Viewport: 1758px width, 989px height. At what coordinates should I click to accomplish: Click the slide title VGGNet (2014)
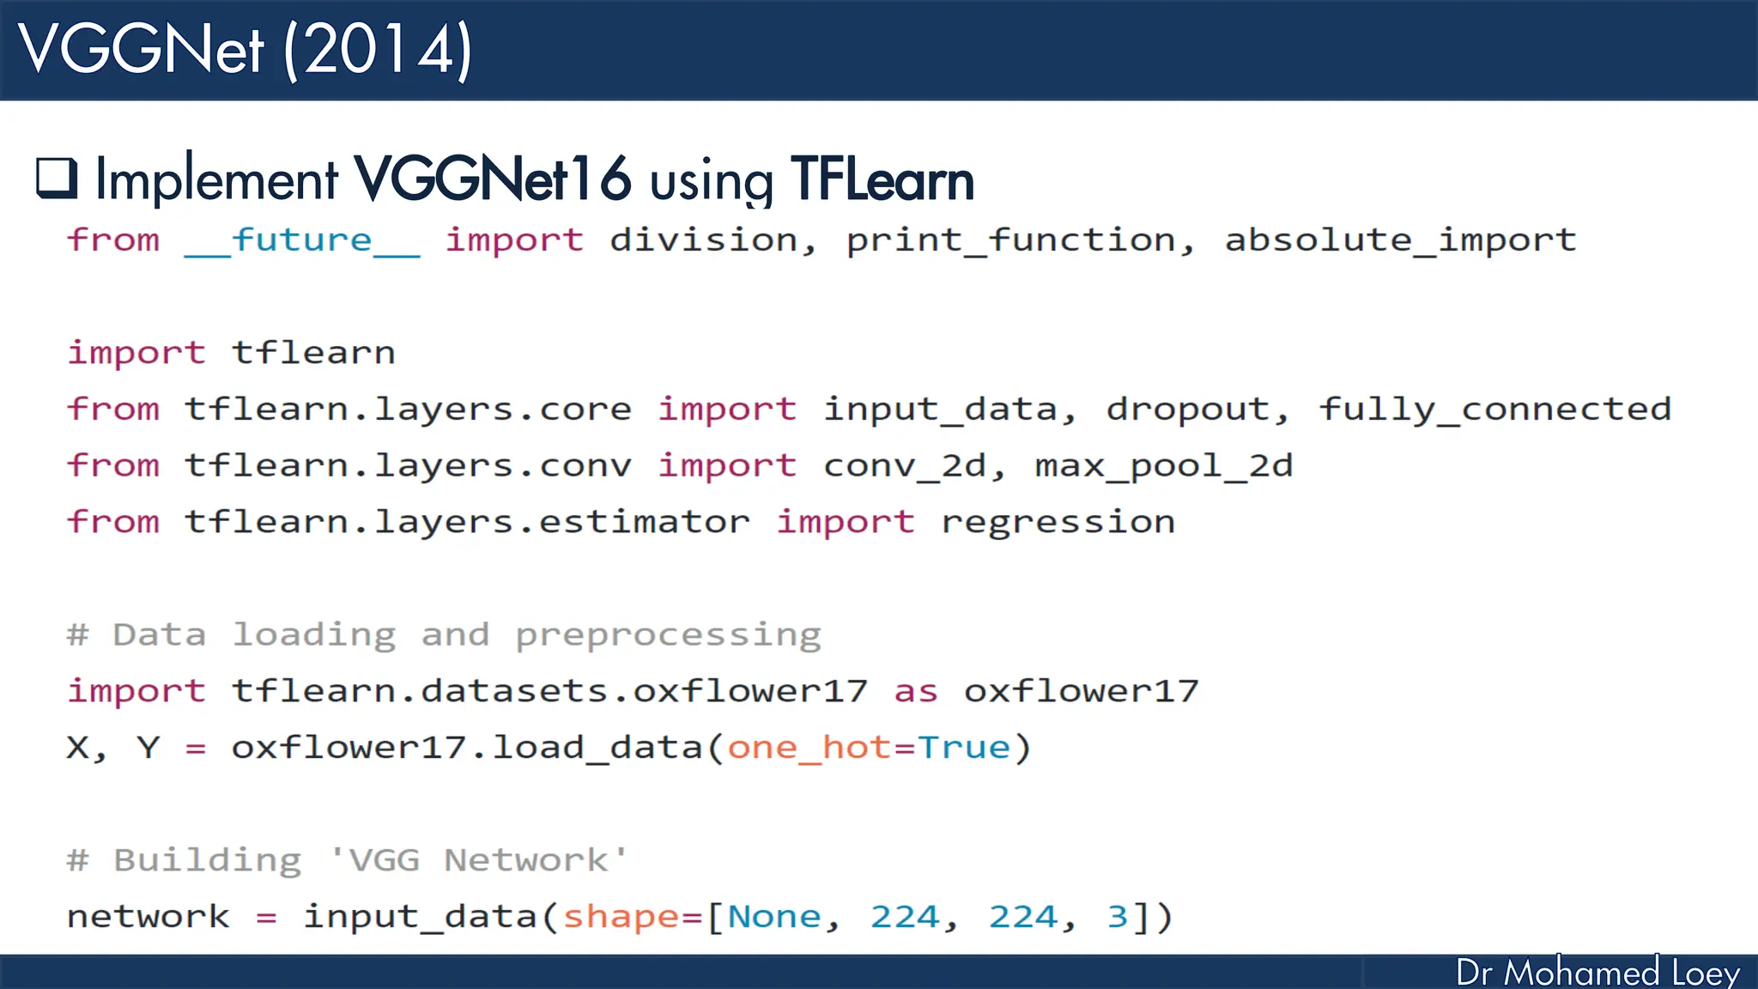(x=246, y=50)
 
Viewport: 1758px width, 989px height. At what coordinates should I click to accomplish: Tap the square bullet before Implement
(x=57, y=178)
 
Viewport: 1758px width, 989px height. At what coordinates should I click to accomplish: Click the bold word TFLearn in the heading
(x=882, y=179)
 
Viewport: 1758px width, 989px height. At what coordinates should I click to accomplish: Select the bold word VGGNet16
(x=493, y=179)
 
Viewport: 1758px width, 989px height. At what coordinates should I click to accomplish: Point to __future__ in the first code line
(x=302, y=240)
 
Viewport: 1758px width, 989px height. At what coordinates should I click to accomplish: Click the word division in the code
(x=704, y=240)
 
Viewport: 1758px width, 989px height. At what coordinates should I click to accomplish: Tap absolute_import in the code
(x=1400, y=240)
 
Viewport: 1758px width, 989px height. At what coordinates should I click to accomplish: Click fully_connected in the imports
(x=1494, y=410)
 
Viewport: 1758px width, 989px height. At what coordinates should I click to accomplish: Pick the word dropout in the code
(x=1188, y=410)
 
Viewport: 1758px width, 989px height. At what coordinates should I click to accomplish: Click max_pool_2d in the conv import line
(x=1163, y=466)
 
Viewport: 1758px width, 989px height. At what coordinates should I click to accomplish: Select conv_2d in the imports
(x=904, y=466)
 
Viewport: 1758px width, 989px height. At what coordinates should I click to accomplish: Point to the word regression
(x=1058, y=522)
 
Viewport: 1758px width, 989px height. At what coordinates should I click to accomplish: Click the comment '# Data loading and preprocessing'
(x=444, y=635)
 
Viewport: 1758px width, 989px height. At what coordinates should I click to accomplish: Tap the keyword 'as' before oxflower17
(x=915, y=691)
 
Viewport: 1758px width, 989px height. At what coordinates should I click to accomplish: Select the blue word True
(x=964, y=748)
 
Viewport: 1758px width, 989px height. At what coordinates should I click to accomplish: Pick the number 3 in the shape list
(x=1117, y=917)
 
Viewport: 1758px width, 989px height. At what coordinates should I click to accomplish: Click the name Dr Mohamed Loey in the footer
(x=1597, y=973)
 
